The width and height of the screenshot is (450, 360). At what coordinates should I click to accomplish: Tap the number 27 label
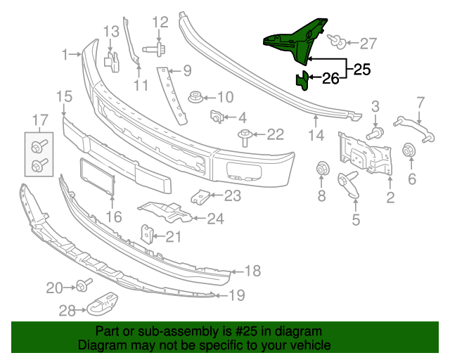(368, 44)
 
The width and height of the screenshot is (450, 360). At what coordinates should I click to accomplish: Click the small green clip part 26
(302, 80)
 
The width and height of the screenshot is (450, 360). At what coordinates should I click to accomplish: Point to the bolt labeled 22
(245, 135)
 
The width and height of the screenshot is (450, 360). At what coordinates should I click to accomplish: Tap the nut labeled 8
(323, 170)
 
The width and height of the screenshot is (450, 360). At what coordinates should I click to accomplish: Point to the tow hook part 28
(103, 303)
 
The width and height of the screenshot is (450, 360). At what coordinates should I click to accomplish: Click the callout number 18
(253, 271)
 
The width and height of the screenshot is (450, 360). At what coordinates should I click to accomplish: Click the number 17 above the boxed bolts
(39, 120)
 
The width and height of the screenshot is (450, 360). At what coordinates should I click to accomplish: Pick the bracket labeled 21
(148, 232)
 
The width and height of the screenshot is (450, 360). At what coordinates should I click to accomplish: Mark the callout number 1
(65, 54)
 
